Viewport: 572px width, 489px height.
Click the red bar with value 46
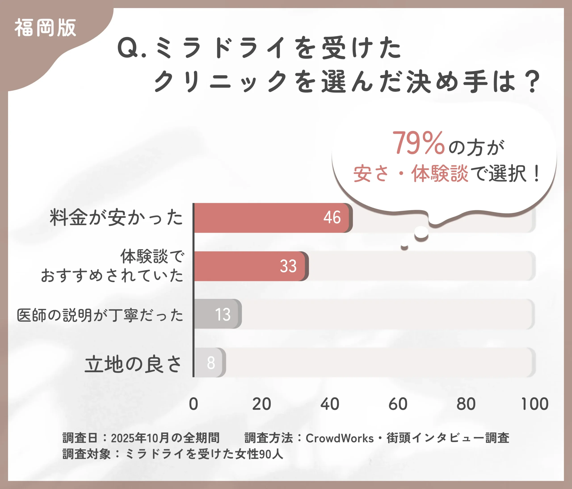pos(272,218)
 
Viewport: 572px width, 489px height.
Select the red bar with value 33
pos(250,266)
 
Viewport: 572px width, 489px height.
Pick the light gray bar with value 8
pos(209,362)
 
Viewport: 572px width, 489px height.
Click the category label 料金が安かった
pos(116,217)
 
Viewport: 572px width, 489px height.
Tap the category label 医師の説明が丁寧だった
pos(100,315)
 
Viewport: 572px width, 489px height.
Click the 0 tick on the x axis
pos(193,404)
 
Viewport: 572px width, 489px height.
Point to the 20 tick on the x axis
pos(261,404)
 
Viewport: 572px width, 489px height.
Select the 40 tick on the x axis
pos(330,404)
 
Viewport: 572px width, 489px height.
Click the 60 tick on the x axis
pos(398,404)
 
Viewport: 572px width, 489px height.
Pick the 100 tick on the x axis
pos(534,404)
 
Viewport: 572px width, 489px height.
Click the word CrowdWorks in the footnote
pos(340,438)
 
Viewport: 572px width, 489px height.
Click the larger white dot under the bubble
pos(421,232)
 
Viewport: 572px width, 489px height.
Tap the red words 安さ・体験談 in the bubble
pos(411,174)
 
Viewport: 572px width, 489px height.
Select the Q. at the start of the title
pos(131,48)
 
